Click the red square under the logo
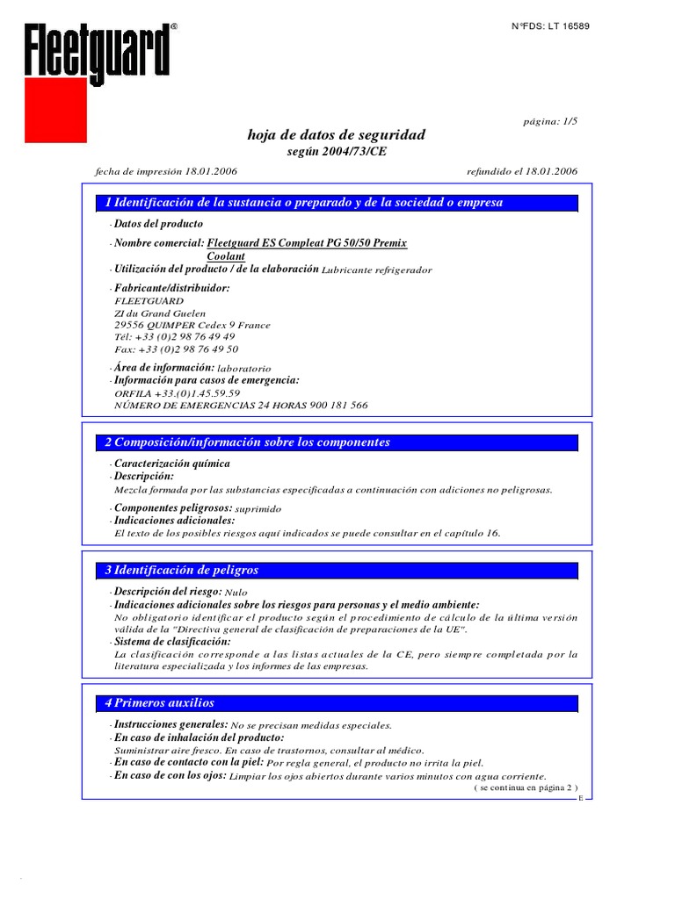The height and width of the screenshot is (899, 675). pos(55,110)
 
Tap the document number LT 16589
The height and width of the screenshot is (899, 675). pos(551,26)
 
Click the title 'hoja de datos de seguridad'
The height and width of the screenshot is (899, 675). pos(337,134)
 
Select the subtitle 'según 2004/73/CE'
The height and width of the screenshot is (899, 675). pos(337,151)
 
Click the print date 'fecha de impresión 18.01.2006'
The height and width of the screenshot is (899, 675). pos(165,170)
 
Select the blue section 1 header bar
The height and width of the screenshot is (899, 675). pos(337,203)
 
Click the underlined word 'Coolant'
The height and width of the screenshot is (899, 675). pos(226,256)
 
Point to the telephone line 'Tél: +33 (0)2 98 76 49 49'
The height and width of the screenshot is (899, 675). pos(175,336)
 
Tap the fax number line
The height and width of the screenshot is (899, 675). pos(176,349)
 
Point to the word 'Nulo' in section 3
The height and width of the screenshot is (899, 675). pos(236,593)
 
